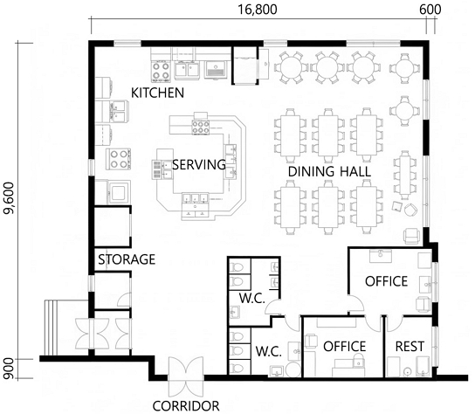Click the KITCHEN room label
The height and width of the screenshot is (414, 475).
157,93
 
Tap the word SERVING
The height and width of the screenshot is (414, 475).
199,164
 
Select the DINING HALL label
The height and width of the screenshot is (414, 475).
329,171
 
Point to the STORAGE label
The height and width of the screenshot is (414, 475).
127,259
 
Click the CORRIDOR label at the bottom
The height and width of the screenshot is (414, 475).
186,406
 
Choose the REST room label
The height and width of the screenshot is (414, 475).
410,347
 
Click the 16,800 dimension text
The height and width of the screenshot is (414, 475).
257,10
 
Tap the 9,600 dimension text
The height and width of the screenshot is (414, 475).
9,198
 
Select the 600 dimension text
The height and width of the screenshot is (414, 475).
430,10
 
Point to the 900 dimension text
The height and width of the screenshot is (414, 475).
9,369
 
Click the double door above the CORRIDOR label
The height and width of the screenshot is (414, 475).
186,376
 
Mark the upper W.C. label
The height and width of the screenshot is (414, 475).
252,298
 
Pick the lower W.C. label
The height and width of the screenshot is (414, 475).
269,352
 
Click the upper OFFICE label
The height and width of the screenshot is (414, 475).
386,281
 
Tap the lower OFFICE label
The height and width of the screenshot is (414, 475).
344,347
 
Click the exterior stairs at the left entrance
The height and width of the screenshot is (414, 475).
51,328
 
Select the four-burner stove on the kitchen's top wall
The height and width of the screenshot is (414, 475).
161,72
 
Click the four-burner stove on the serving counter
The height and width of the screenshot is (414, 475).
201,127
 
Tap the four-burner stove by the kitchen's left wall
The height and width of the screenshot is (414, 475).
119,159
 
